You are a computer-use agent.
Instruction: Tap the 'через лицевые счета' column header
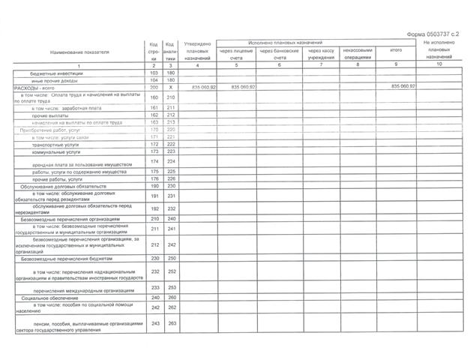pos(237,53)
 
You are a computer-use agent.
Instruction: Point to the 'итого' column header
pos(396,50)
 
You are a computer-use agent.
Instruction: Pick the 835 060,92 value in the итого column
pos(403,88)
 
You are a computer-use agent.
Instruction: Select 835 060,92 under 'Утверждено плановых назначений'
pos(204,88)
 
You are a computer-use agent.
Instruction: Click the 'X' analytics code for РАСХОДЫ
pos(170,88)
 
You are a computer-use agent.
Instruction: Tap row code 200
pos(154,88)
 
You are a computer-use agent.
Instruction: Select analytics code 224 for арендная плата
pos(170,162)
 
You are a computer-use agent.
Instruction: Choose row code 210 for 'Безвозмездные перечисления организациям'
pos(154,219)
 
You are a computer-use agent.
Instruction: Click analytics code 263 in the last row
pos(170,323)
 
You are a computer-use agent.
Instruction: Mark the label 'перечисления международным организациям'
pos(84,289)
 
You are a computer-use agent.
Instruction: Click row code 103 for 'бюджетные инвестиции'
pos(154,73)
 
